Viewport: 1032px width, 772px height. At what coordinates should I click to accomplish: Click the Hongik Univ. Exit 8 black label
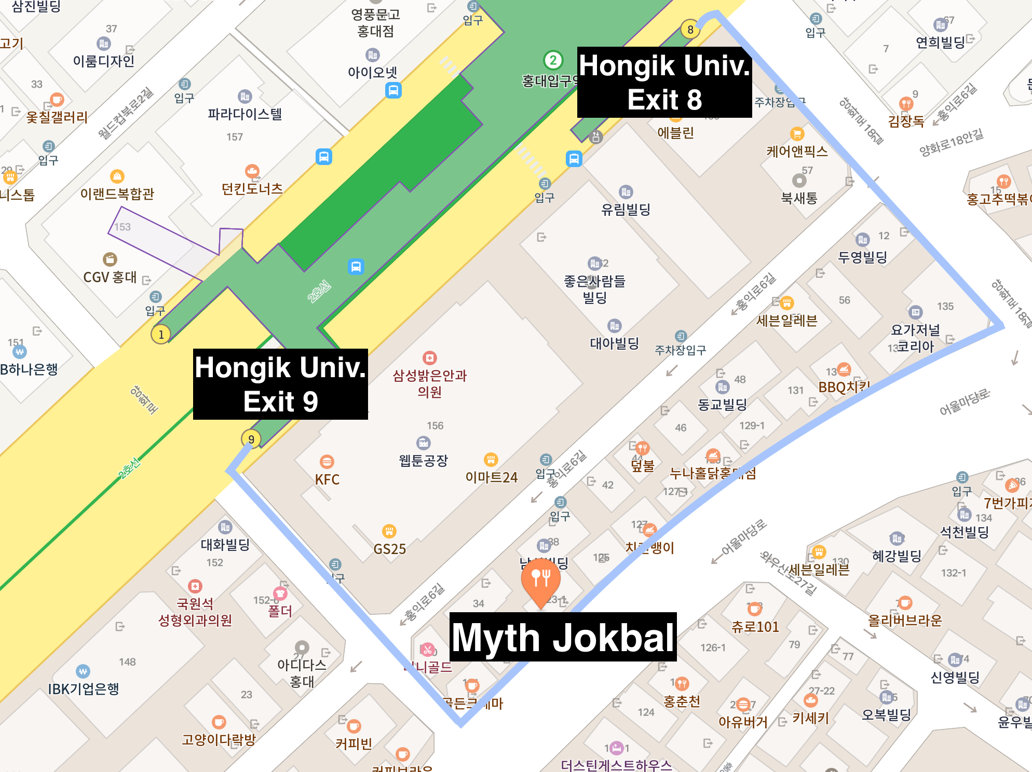click(664, 82)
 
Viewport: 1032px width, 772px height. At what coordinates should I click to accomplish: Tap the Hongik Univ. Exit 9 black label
click(280, 384)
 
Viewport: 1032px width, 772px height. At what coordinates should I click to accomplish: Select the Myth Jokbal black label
click(563, 637)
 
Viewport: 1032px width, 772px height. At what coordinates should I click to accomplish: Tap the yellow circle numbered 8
click(690, 30)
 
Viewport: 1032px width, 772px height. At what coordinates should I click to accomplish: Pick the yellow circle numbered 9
click(251, 439)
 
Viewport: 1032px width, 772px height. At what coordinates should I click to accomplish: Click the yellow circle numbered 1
click(161, 335)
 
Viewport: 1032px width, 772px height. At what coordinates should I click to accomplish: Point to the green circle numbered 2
click(553, 60)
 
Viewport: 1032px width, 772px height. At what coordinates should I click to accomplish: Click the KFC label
click(327, 479)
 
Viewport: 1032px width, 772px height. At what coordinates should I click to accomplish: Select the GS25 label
click(389, 548)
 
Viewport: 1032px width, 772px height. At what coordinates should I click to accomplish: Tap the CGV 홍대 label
click(110, 277)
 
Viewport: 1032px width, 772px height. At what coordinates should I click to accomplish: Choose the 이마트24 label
click(491, 477)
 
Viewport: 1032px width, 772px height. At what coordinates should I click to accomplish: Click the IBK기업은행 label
click(84, 688)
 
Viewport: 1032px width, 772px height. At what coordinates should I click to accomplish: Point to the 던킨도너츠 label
click(252, 188)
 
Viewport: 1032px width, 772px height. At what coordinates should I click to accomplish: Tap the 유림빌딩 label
click(626, 209)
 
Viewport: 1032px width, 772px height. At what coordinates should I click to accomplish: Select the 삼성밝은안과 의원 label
click(430, 383)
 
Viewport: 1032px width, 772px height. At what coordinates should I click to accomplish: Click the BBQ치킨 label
click(844, 387)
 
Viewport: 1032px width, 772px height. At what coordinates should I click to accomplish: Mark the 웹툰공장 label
click(423, 460)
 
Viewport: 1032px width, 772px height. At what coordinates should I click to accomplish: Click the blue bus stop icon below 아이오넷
click(393, 90)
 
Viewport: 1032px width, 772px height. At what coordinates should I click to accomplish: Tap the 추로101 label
click(755, 626)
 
